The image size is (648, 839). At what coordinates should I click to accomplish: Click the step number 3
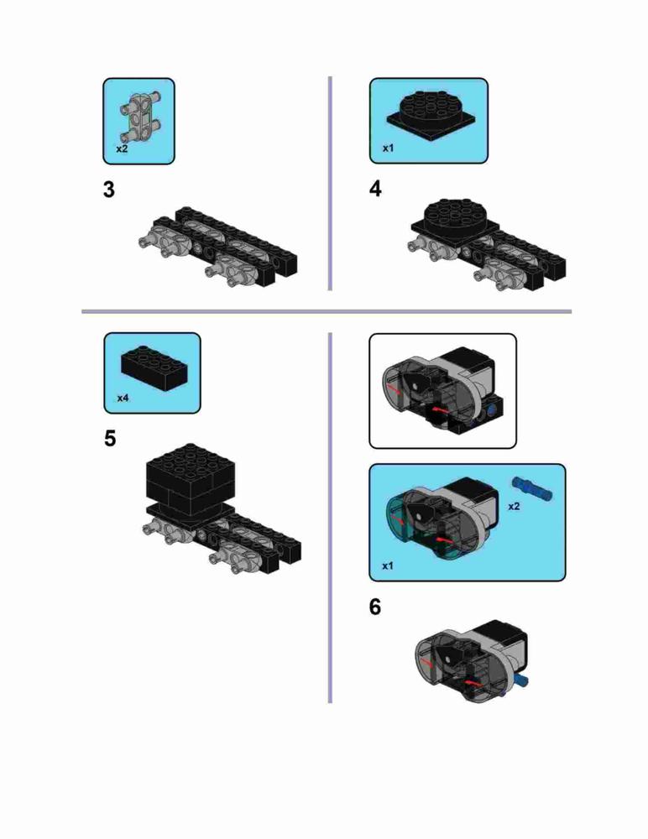(109, 190)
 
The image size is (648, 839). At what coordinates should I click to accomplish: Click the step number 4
(375, 189)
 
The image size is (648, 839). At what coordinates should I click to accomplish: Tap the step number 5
(110, 438)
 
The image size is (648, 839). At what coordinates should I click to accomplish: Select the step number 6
(375, 607)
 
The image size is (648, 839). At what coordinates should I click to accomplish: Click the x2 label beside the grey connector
(122, 149)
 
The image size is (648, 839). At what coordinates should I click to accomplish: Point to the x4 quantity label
(123, 398)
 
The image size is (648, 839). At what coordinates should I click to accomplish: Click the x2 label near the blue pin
(514, 506)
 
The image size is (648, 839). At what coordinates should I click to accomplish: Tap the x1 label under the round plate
(388, 149)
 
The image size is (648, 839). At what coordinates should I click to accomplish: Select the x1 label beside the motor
(387, 565)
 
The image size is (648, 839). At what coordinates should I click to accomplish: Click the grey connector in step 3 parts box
(141, 115)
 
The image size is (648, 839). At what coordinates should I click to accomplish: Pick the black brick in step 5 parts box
(154, 368)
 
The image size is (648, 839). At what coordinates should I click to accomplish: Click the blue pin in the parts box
(532, 488)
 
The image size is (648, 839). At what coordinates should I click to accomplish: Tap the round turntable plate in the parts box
(436, 114)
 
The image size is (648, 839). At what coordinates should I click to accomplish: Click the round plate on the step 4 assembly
(456, 218)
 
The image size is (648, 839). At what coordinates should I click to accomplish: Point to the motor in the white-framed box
(442, 391)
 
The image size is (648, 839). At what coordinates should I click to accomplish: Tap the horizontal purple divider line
(327, 311)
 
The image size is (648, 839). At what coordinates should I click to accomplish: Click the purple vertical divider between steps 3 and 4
(330, 184)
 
